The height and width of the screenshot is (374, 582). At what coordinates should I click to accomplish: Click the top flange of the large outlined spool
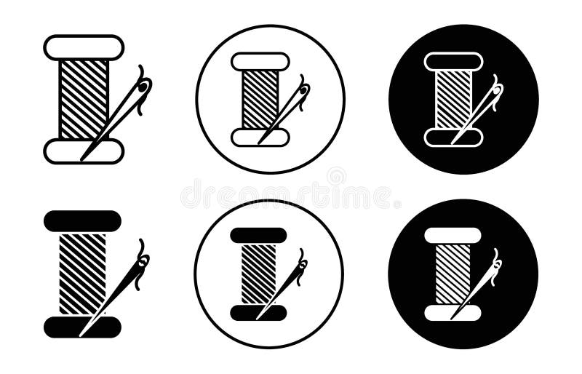tap(84, 47)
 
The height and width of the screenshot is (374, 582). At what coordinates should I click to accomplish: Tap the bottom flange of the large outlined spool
tap(73, 151)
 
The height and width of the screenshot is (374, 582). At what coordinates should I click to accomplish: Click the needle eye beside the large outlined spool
tap(143, 88)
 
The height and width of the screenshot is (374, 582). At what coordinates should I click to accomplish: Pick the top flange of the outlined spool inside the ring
tap(260, 62)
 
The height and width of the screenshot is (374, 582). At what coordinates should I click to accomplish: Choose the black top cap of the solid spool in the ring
tap(258, 236)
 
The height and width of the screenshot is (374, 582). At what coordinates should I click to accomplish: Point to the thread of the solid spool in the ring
tap(258, 274)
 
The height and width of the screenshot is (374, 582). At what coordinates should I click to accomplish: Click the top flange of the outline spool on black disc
tap(453, 62)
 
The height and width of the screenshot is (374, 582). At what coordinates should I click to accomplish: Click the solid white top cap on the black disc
tap(453, 236)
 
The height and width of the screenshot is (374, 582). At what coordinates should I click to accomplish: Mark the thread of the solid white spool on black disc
tap(452, 274)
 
